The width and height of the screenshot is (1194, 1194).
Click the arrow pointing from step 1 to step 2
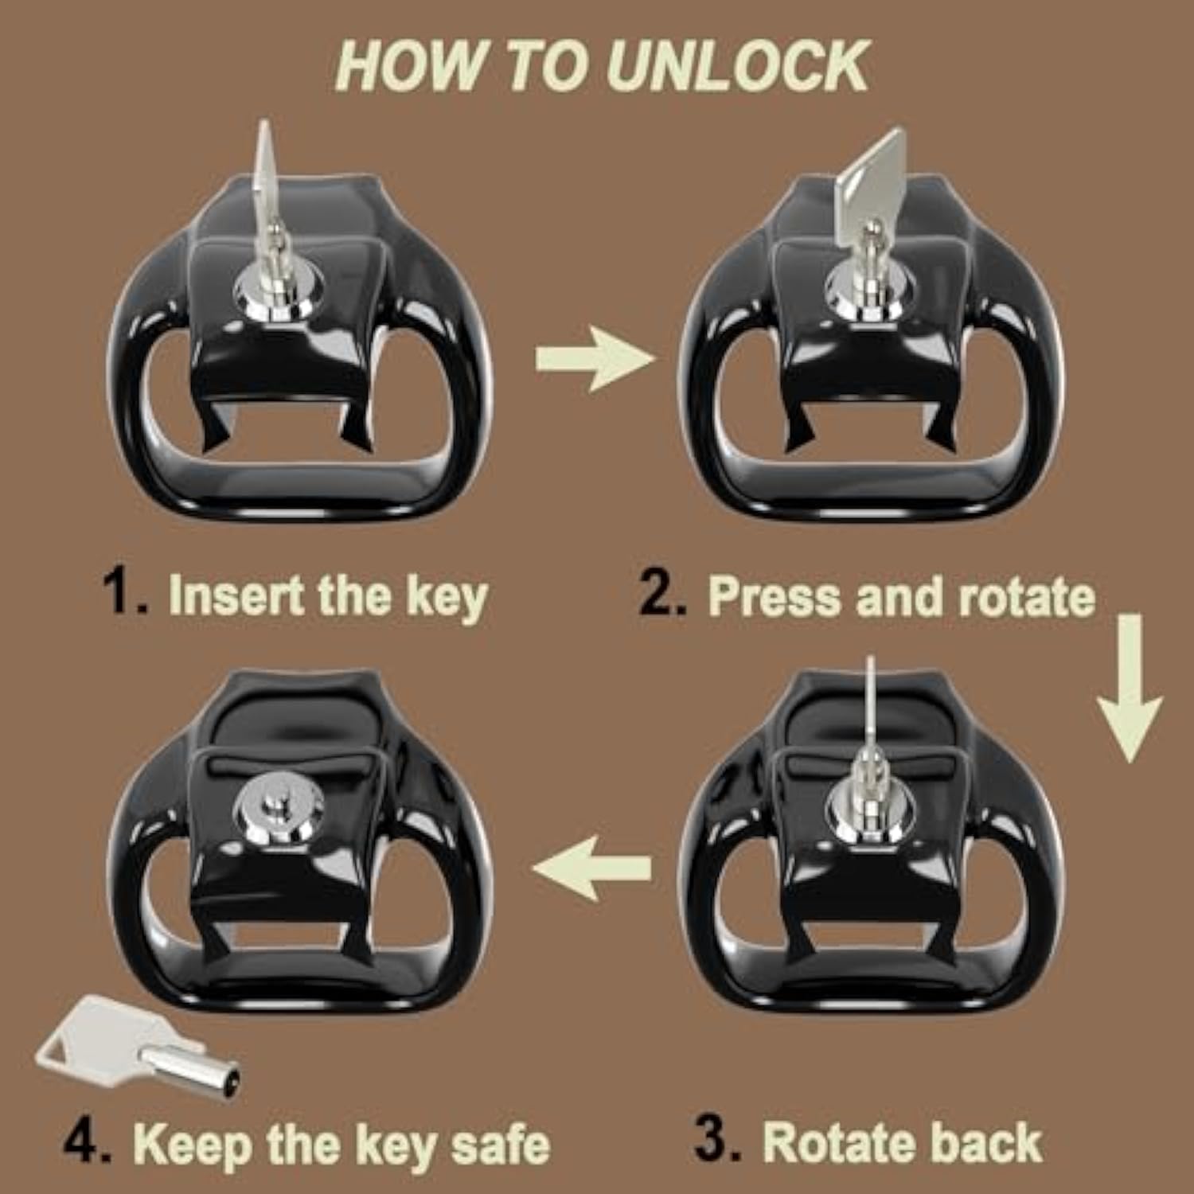tap(594, 360)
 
